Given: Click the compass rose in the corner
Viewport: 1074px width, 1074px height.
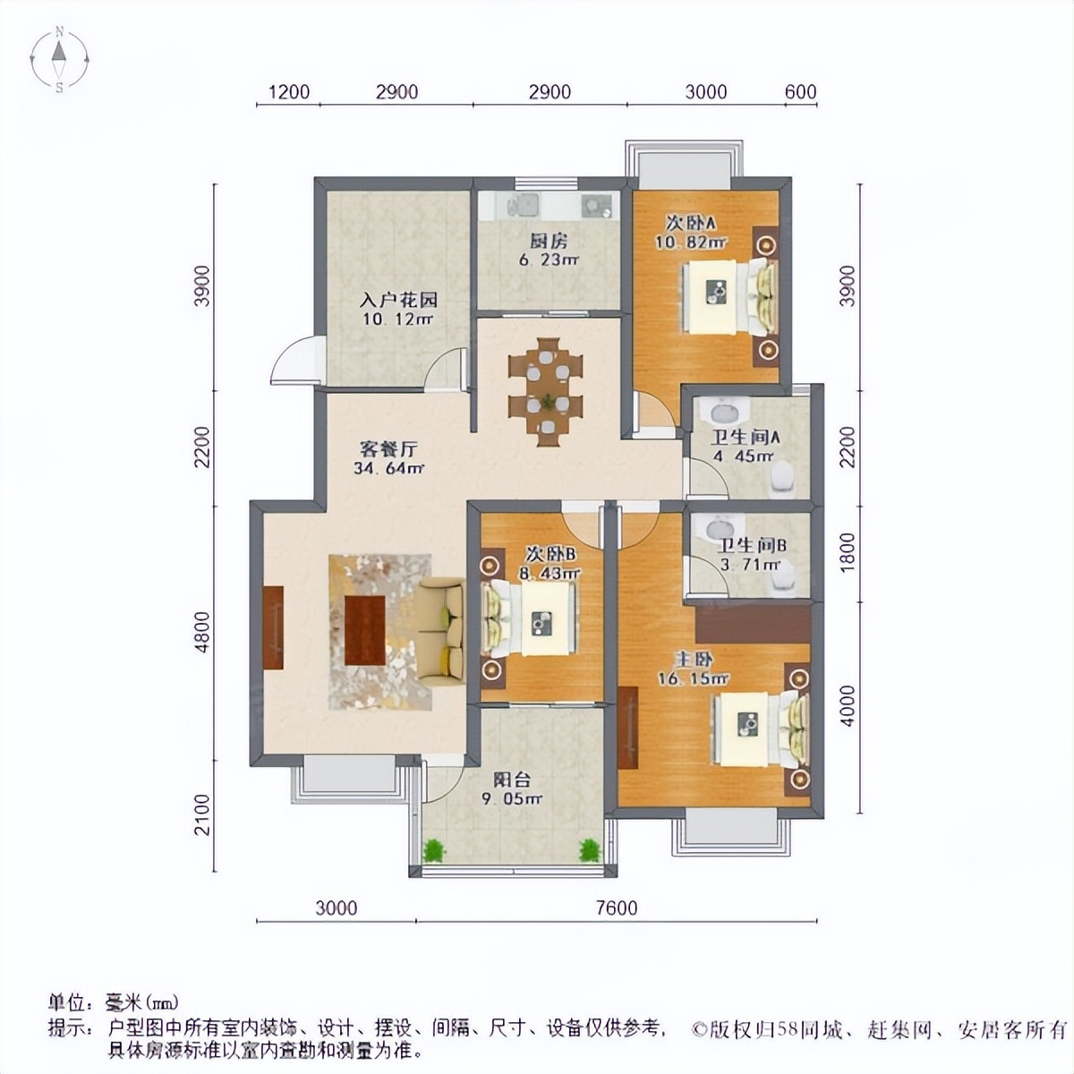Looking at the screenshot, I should coord(59,60).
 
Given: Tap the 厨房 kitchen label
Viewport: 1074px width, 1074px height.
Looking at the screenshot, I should coord(549,241).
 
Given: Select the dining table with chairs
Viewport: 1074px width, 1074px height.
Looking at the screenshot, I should coord(545,391).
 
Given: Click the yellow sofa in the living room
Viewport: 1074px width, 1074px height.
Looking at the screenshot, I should coord(441,631).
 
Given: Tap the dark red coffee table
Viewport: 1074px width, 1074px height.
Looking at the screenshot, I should coord(364,630).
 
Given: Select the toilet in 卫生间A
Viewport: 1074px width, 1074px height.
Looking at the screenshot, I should coord(782,479).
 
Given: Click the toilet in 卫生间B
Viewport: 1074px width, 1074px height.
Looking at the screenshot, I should coord(782,582).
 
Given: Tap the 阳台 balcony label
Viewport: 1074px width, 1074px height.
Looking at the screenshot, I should coord(513,780).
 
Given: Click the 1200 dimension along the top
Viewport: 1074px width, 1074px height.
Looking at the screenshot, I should coord(288,92).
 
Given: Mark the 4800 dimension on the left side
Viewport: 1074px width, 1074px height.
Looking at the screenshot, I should coord(203,632).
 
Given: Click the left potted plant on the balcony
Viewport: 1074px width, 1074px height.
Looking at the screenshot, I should coord(434,849).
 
